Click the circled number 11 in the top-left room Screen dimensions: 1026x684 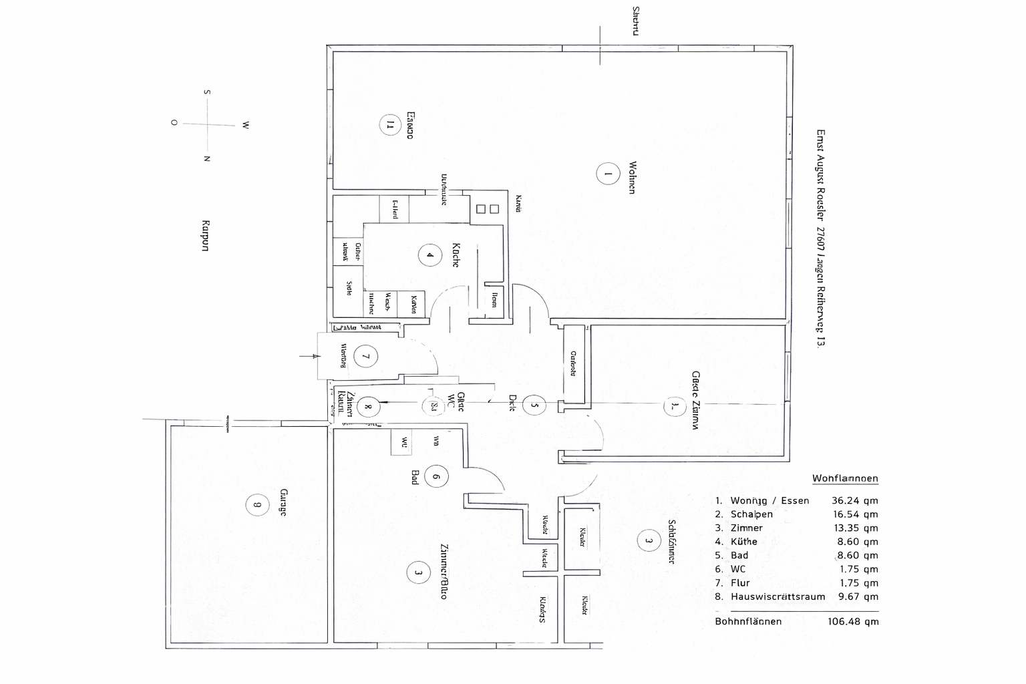389,124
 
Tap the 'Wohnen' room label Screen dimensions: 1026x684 631,177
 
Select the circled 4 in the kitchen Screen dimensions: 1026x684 430,254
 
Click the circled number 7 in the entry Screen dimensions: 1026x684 365,356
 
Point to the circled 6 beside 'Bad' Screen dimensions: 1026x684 436,477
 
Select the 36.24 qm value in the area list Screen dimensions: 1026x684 854,500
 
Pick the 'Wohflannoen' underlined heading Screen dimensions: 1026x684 845,478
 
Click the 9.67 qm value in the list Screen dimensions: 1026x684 858,596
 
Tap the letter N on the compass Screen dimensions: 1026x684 207,159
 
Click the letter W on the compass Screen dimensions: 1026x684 245,125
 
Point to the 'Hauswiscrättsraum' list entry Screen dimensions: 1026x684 778,596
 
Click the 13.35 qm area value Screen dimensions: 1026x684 854,528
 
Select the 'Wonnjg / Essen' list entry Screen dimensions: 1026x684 769,500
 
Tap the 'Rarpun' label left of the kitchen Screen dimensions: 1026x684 205,236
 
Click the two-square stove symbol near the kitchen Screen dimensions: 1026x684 487,209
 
